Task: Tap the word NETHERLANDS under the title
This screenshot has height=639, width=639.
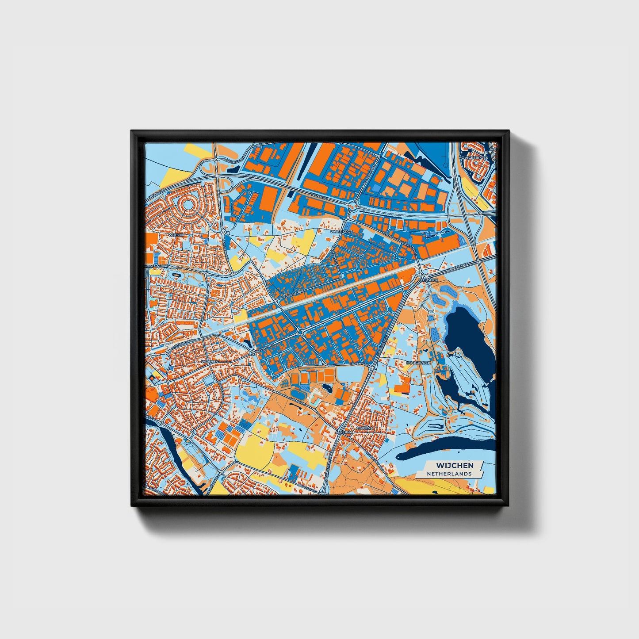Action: (449, 474)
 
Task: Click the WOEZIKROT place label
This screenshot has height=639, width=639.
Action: (341, 231)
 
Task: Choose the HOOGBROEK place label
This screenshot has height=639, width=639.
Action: (418, 363)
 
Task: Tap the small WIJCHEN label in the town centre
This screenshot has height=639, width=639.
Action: (210, 361)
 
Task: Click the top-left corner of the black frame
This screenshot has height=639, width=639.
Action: (132, 131)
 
